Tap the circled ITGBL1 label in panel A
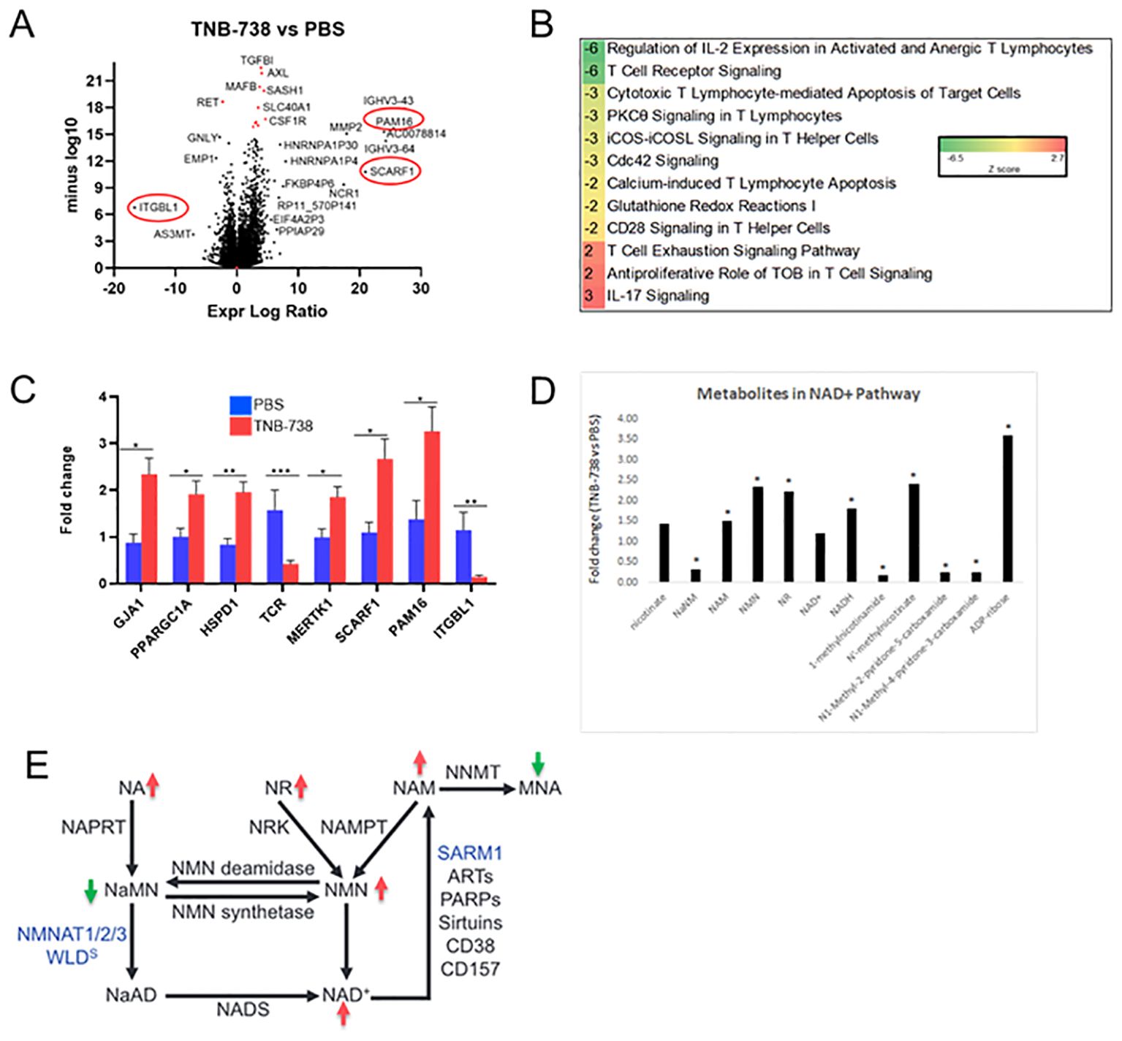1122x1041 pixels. coord(159,207)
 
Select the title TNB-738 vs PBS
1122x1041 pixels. coord(268,29)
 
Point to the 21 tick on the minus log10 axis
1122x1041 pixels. coord(94,80)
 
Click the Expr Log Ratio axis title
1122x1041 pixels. coord(267,311)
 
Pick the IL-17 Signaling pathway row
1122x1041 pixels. coord(658,296)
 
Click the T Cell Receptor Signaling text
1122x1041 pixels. coord(694,71)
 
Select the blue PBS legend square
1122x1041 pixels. coord(240,405)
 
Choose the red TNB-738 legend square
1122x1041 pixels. coord(240,425)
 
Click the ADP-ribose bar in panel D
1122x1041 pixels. coord(1007,508)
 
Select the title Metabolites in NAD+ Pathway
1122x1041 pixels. coord(808,394)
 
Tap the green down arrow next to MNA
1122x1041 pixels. coord(538,763)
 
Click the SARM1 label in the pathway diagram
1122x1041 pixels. coord(470,853)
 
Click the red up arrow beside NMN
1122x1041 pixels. coord(381,888)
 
